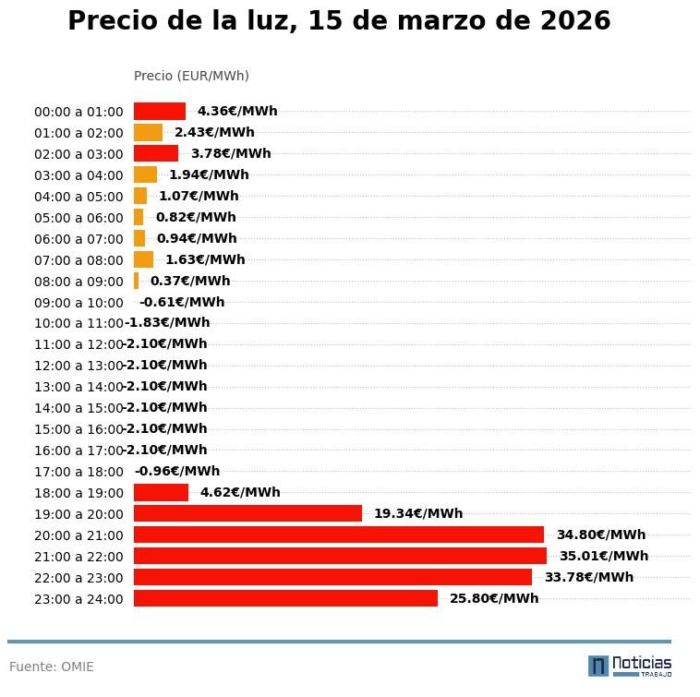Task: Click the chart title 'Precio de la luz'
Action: click(x=339, y=21)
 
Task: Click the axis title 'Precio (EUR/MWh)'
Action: click(x=191, y=76)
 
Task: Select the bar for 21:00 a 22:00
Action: click(x=340, y=556)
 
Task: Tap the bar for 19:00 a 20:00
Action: click(x=247, y=513)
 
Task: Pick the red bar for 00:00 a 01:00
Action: click(x=160, y=111)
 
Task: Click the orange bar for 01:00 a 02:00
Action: click(x=148, y=132)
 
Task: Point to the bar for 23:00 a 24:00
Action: click(x=285, y=598)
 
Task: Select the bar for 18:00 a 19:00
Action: click(x=161, y=492)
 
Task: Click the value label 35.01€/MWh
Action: click(x=603, y=556)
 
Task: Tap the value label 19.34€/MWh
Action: click(x=417, y=513)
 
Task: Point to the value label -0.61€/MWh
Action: click(x=182, y=302)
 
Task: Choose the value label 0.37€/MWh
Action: click(x=190, y=281)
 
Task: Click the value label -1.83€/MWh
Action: click(x=168, y=323)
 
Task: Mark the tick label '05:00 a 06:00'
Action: click(x=78, y=218)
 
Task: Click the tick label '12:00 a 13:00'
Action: click(x=78, y=367)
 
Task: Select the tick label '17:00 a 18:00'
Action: click(x=78, y=472)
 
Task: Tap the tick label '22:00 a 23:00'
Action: click(x=78, y=578)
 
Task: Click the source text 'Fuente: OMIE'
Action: click(x=52, y=667)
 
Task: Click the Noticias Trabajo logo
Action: click(x=630, y=666)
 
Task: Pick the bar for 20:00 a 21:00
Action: click(x=339, y=535)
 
